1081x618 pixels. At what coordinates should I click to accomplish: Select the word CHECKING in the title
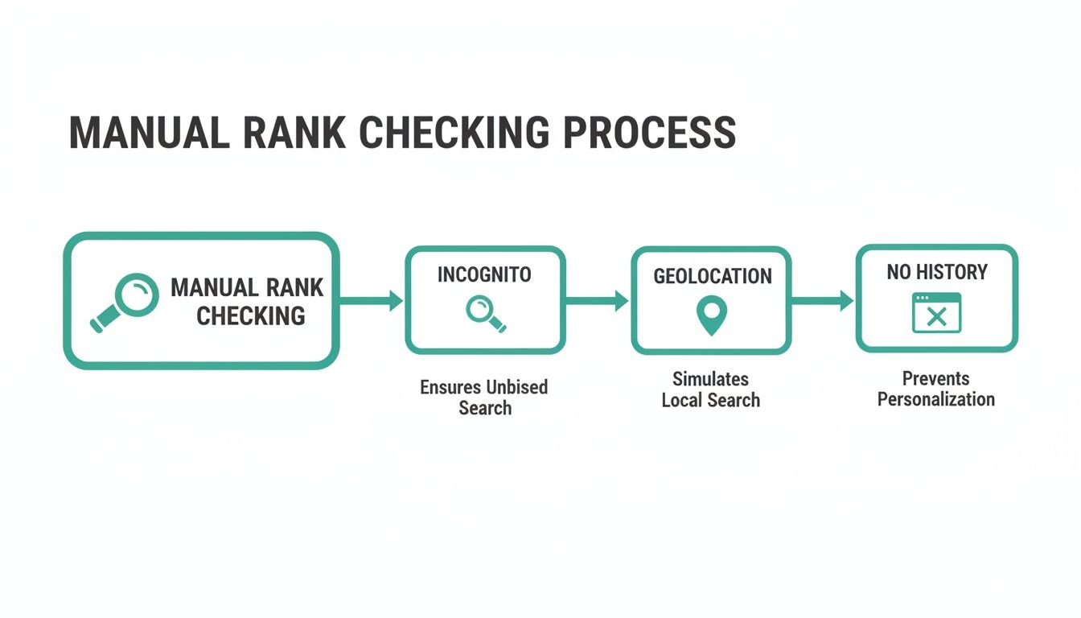click(x=454, y=133)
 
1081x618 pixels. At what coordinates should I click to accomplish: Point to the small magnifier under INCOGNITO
click(x=486, y=312)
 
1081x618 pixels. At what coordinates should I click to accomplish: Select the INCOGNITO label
click(x=484, y=275)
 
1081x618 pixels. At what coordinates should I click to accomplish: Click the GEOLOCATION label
click(x=712, y=277)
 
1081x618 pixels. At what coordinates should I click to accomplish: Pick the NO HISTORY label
click(x=936, y=273)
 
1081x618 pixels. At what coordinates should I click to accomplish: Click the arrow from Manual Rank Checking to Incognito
click(x=371, y=301)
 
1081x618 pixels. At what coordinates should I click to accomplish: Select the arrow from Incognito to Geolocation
click(x=598, y=301)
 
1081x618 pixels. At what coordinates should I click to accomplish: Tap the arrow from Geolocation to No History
click(x=823, y=301)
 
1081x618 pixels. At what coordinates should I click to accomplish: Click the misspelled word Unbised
click(x=516, y=387)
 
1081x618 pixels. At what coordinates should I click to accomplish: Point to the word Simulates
click(x=710, y=379)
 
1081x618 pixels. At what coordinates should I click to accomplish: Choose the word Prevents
click(x=935, y=378)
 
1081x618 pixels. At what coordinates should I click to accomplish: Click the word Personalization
click(x=935, y=399)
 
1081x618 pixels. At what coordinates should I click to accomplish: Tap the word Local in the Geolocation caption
click(x=683, y=400)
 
